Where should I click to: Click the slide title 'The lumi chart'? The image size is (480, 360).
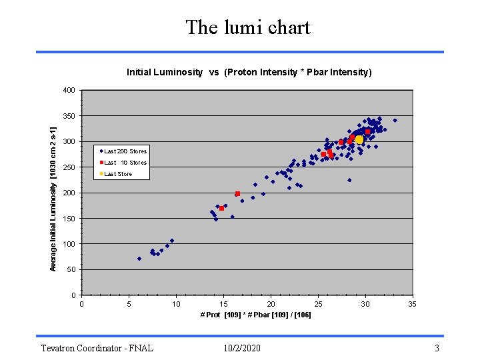coord(248,27)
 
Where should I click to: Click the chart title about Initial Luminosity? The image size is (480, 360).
coord(249,72)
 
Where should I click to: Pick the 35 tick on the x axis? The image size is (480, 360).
coord(413,304)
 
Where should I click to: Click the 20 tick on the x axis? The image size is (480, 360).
coord(271,304)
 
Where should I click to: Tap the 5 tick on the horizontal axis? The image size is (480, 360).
coord(129,304)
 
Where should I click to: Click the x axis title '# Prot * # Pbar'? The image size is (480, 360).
coord(255,314)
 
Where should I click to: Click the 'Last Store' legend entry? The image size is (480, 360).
coord(118,174)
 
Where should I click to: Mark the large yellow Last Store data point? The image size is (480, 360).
coord(359,140)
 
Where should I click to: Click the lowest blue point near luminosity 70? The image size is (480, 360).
coord(139,259)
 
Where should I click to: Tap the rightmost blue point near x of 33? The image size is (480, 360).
coord(395,121)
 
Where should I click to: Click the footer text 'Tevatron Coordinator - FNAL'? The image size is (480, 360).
coord(97,348)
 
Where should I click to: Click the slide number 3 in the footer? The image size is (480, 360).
coord(437,348)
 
